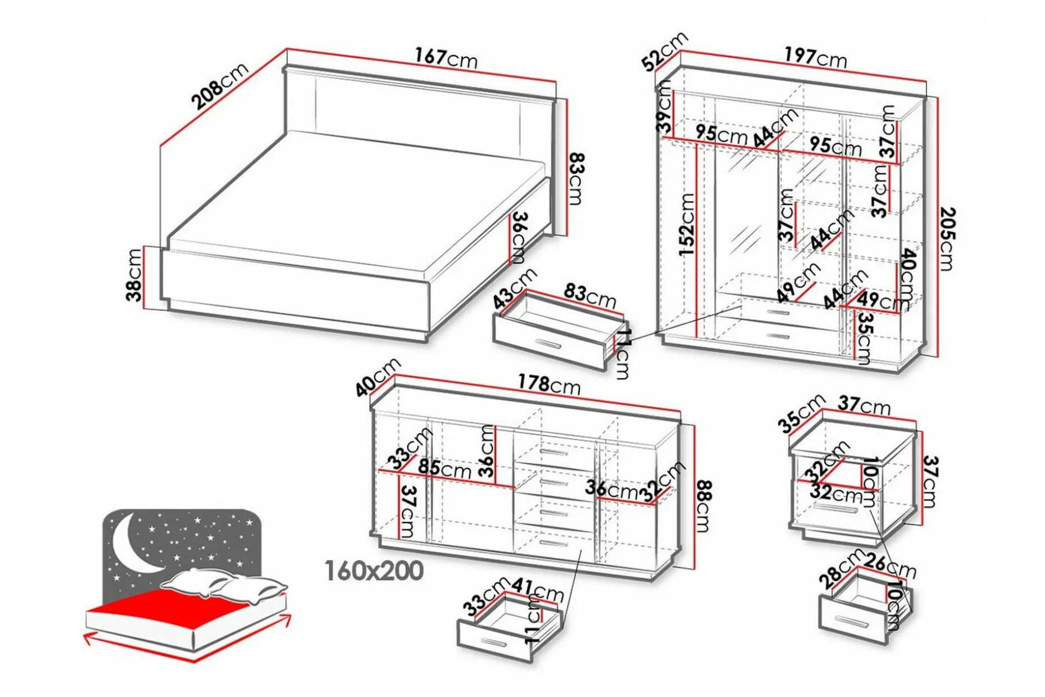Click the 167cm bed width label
coord(446,58)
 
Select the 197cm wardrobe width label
coord(815,57)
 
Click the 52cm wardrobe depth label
coord(665,51)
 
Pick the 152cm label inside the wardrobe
coord(687,225)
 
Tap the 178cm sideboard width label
coord(549,384)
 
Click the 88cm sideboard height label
coord(703,506)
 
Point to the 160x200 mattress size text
coord(374,571)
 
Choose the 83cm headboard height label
coord(576,179)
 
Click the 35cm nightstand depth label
coord(802,414)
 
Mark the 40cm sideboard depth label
coord(378,377)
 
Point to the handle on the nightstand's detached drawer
coord(852,622)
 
